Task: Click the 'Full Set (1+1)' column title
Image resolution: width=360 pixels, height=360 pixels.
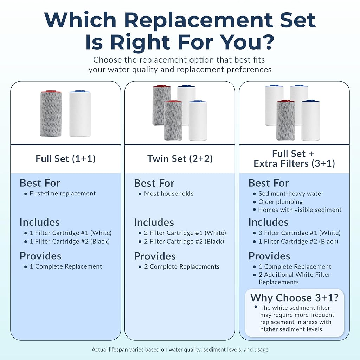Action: point(65,159)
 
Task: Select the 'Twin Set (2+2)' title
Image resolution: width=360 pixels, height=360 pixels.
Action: point(180,159)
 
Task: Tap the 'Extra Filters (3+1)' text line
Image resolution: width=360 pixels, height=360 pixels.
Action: point(294,163)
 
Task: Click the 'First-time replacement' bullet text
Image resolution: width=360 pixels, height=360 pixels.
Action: point(63,194)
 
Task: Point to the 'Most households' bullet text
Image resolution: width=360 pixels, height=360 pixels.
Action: point(169,194)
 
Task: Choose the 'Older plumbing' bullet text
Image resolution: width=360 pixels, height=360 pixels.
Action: point(281,202)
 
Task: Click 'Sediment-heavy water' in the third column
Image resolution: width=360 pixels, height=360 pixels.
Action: point(291,194)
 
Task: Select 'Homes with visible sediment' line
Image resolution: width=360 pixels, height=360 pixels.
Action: point(300,210)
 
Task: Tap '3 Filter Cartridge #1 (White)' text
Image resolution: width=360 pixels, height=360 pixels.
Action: point(300,233)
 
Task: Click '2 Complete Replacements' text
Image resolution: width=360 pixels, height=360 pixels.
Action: point(182,266)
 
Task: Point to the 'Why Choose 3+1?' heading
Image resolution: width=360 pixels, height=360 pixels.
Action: point(294,298)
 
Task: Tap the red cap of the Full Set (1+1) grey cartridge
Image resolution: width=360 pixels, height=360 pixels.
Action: point(51,92)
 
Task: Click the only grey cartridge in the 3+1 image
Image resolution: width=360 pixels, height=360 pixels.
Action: point(285,120)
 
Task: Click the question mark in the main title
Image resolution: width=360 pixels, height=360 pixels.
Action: point(268,42)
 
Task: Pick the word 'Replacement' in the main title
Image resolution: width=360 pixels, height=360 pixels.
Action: point(199,20)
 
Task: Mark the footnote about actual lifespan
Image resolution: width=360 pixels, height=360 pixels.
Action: point(180,349)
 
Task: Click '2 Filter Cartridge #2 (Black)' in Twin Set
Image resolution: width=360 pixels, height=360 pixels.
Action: point(184,241)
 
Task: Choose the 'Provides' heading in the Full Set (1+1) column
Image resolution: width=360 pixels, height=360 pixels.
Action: point(40,256)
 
